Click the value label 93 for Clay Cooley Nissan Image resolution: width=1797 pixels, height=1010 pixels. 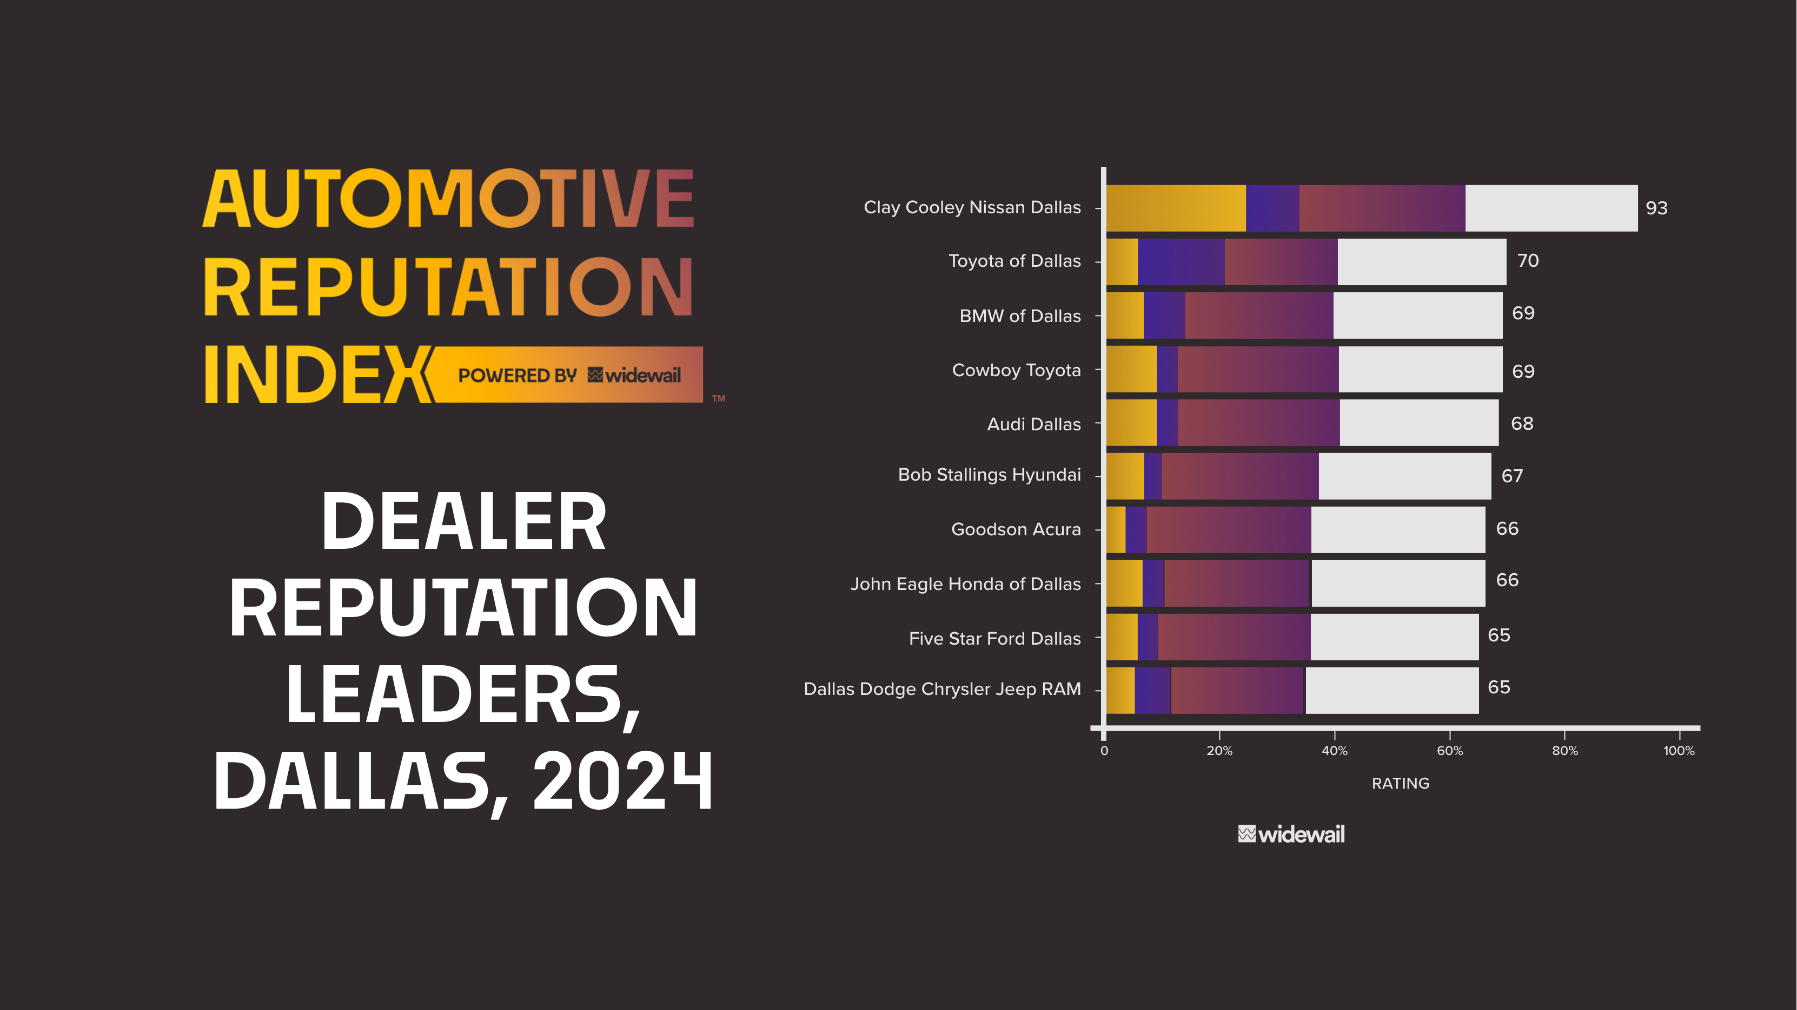(x=1656, y=208)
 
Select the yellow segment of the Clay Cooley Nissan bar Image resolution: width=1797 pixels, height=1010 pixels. (x=1176, y=208)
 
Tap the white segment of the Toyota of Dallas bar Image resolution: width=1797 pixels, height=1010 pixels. (x=1421, y=262)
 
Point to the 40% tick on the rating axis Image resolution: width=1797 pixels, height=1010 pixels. (x=1334, y=750)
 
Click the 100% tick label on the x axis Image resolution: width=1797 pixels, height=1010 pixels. (x=1679, y=750)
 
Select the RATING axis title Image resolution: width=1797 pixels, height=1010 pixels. (x=1400, y=783)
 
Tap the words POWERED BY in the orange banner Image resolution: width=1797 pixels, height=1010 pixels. (x=517, y=376)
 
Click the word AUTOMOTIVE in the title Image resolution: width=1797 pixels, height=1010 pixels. (x=448, y=200)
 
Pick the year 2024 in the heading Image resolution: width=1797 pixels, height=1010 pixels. (x=622, y=782)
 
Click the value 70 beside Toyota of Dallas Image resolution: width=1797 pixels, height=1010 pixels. (x=1527, y=260)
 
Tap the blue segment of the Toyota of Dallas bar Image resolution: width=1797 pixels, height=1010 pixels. (x=1181, y=262)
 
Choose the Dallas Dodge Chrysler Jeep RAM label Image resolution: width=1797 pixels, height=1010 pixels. (x=941, y=689)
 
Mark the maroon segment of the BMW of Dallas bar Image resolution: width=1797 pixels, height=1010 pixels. (x=1258, y=316)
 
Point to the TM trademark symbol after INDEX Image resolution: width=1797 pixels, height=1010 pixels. (x=719, y=398)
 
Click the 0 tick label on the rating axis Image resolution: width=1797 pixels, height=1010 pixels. (x=1104, y=750)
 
